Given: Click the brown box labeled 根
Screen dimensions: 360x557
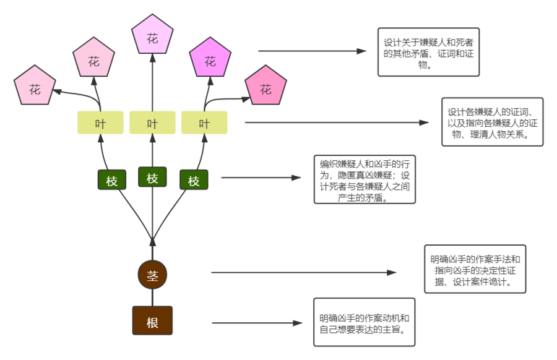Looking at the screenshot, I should pos(152,322).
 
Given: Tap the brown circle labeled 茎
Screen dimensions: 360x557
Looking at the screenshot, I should pos(152,275).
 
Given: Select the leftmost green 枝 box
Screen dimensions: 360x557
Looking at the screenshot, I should pos(112,181).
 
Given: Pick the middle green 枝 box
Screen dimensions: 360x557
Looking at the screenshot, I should pos(152,178).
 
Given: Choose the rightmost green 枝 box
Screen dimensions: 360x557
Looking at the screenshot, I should pos(194,181).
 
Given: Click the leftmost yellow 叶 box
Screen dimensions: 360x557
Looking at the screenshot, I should pos(100,123).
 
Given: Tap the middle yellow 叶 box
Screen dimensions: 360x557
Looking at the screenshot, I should pos(152,123).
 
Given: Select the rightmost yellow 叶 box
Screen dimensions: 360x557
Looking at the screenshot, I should pos(204,123).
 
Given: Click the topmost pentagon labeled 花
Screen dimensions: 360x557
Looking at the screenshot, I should pos(152,38).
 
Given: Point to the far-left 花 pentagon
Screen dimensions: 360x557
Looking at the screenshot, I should pos(35,89).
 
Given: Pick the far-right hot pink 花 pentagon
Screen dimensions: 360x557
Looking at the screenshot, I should pos(266,90).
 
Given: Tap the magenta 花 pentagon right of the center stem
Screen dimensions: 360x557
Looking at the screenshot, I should pos(210,61).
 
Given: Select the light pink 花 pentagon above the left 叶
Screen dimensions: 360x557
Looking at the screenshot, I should pos(94,61).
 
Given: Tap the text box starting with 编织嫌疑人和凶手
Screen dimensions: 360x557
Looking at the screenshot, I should pos(365,181).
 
